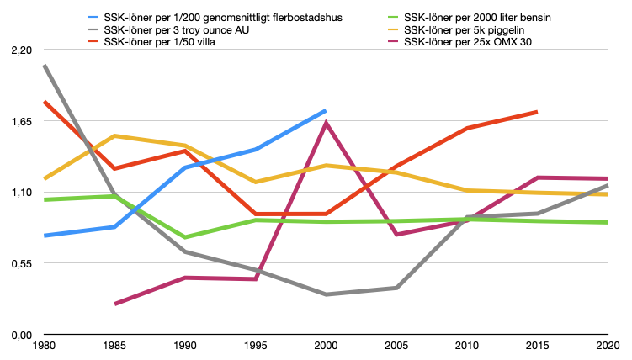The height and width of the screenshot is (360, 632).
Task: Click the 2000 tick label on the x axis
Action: pyautogui.click(x=326, y=346)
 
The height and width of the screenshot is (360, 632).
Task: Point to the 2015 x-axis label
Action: pyautogui.click(x=537, y=346)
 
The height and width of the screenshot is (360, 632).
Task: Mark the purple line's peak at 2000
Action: pyautogui.click(x=326, y=124)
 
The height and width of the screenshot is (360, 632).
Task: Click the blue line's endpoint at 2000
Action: pyautogui.click(x=326, y=110)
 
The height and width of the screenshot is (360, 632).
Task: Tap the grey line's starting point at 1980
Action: pyautogui.click(x=45, y=66)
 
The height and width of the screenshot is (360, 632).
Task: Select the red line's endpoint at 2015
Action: pyautogui.click(x=537, y=112)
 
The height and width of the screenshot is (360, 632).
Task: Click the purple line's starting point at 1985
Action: pyautogui.click(x=115, y=304)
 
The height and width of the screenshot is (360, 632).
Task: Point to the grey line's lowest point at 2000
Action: pyautogui.click(x=326, y=294)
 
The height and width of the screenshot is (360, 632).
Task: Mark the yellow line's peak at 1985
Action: pyautogui.click(x=115, y=135)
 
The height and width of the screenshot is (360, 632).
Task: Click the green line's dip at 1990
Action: pyautogui.click(x=185, y=237)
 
